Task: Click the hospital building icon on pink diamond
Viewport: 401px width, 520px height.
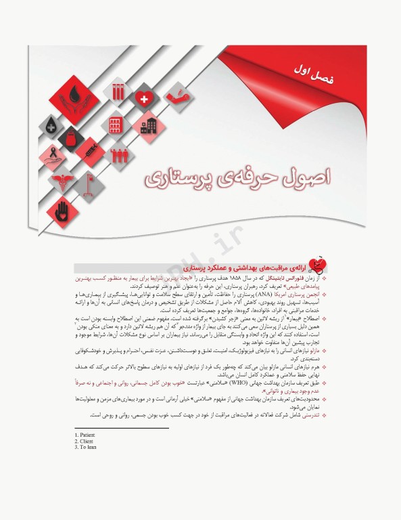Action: click(147, 127)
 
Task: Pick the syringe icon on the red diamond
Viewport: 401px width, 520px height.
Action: click(89, 151)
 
